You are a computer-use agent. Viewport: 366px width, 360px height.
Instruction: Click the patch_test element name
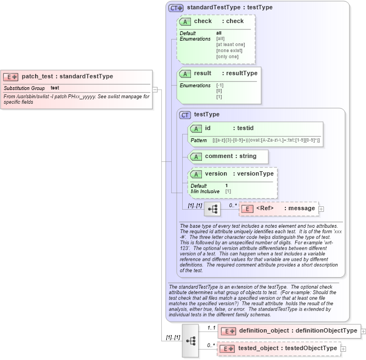click(x=40, y=76)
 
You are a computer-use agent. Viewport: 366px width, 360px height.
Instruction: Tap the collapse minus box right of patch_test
click(x=155, y=90)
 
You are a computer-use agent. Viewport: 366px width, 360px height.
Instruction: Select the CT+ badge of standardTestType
click(x=176, y=8)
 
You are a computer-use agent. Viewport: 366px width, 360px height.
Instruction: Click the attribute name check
click(x=202, y=21)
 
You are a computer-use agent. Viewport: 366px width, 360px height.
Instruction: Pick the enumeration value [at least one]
click(x=230, y=44)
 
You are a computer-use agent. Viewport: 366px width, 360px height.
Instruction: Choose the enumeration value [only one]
click(x=227, y=57)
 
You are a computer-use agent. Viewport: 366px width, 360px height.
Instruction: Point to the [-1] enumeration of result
click(x=219, y=86)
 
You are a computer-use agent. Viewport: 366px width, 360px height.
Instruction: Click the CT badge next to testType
click(x=185, y=115)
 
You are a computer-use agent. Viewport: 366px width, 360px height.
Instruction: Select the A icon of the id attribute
click(x=196, y=128)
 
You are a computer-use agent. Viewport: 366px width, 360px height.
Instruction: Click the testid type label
click(x=247, y=128)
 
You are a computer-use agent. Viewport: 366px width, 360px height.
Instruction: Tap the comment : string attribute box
click(x=228, y=156)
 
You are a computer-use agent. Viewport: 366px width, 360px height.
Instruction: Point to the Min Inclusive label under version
click(x=205, y=192)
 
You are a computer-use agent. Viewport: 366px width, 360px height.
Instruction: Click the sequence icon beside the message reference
click(x=212, y=209)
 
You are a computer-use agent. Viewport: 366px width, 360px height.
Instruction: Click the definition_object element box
click(x=289, y=331)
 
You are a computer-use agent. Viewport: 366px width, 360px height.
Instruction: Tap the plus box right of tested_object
click(x=344, y=348)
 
